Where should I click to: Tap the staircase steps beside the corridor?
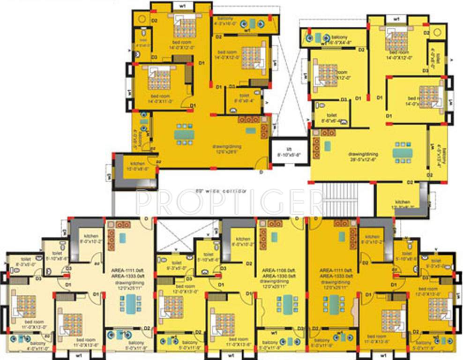click(x=340, y=197)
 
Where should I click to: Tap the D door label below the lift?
click(x=261, y=173)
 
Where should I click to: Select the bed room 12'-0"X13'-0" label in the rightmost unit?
click(x=428, y=292)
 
